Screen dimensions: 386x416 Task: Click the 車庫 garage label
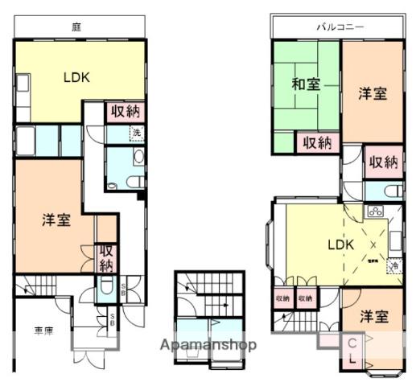point(43,331)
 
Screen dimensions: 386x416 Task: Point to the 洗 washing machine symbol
point(136,133)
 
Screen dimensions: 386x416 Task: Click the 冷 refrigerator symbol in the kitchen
point(393,265)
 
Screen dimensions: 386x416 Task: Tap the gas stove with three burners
point(375,212)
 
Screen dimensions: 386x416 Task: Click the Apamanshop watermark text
point(208,346)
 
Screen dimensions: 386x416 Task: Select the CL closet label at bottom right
point(353,351)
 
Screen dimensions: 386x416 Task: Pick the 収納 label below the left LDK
point(125,113)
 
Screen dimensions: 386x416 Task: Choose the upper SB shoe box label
point(122,287)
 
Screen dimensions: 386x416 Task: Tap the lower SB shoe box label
point(112,320)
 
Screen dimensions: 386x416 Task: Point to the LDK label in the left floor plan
point(76,78)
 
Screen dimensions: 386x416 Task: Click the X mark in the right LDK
point(372,248)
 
